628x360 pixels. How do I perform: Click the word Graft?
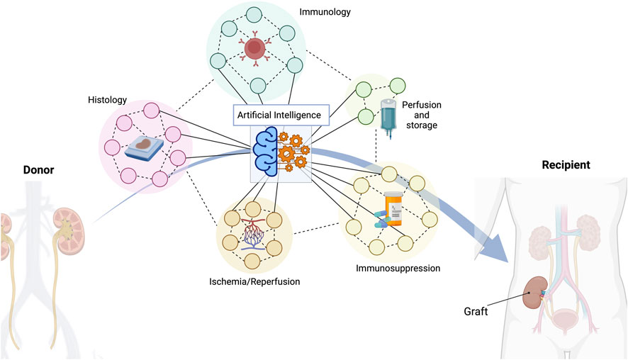click(476, 310)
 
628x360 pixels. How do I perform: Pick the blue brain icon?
click(269, 151)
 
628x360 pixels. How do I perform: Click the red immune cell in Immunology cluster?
click(254, 49)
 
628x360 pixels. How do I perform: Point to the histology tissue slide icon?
click(143, 146)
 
